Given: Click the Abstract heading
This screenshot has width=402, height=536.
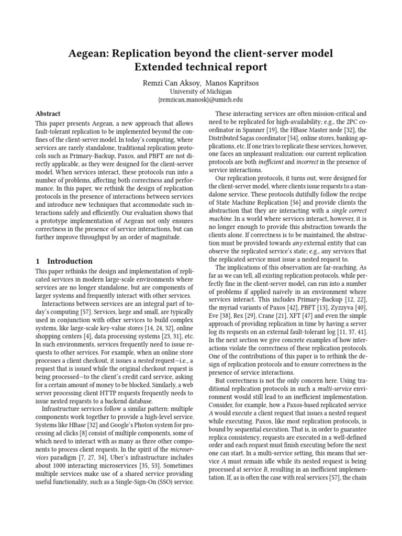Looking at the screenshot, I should coord(48,114).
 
